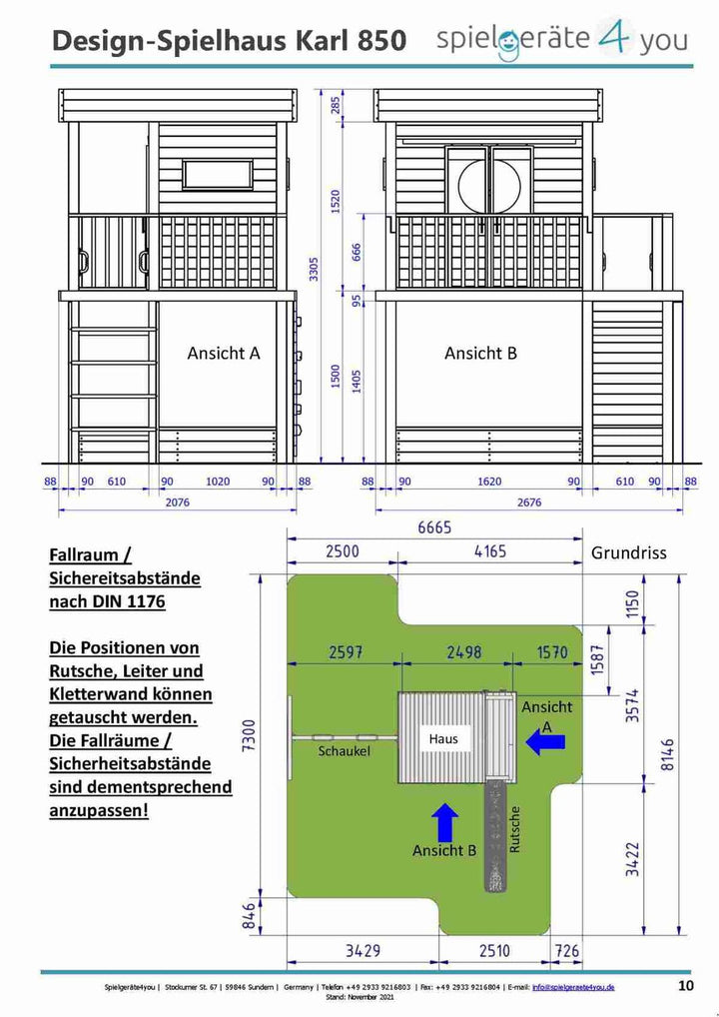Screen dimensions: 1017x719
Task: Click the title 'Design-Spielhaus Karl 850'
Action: [x=229, y=41]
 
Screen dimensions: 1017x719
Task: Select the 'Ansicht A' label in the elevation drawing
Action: [x=224, y=353]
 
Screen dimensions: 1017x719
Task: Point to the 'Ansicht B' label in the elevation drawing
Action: [x=480, y=353]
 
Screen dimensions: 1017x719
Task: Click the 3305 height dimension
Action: [x=314, y=269]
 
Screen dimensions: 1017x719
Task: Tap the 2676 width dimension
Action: [x=528, y=502]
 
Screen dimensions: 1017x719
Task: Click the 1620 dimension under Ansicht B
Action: [x=489, y=482]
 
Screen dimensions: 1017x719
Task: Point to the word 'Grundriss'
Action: [x=628, y=551]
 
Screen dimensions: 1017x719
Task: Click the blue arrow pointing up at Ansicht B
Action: [x=446, y=822]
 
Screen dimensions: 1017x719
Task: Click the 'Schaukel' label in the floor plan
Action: [x=345, y=750]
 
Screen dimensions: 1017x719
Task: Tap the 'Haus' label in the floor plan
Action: [x=443, y=738]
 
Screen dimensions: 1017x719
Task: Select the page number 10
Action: [x=686, y=986]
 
